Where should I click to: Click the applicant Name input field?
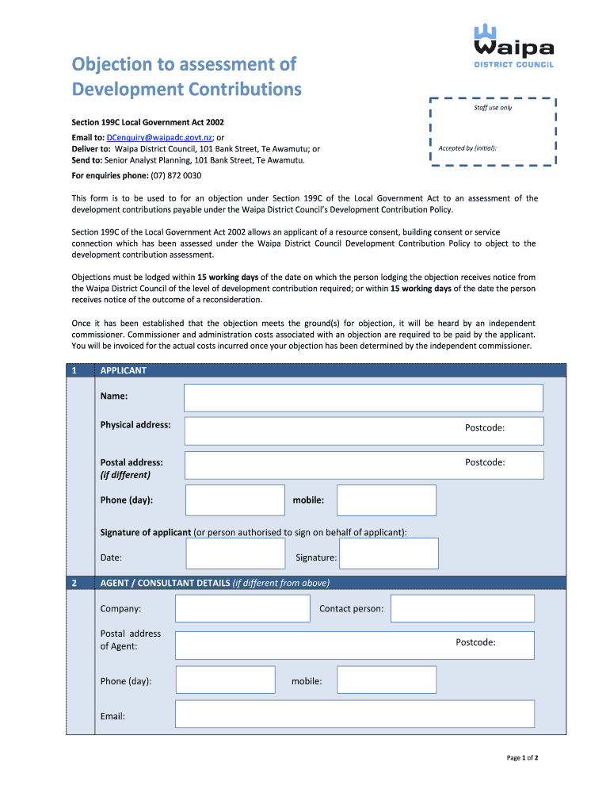point(363,397)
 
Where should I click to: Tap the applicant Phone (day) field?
point(234,500)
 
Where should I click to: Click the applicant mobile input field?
point(387,500)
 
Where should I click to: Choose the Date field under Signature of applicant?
point(235,553)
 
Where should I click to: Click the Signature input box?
point(388,553)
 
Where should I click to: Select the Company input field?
point(242,608)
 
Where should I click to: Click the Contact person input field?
point(463,608)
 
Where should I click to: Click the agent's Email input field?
point(354,714)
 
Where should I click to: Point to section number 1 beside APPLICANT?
point(74,370)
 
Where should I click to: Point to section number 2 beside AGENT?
point(74,583)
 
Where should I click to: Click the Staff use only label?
point(493,107)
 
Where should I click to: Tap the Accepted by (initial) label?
point(467,148)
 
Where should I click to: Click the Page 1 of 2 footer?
point(523,758)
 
